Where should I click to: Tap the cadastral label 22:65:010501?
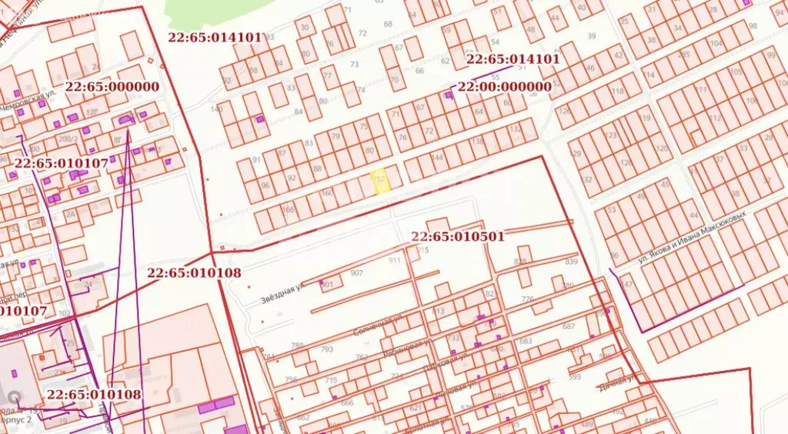pos(458,236)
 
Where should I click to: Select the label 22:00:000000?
pos(504,87)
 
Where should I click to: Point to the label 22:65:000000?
pos(112,87)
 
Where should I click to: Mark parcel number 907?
pos(356,273)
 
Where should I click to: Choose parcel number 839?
pos(571,262)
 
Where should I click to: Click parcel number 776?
pos(527,299)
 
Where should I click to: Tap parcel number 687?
pos(569,327)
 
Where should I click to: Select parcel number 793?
pos(327,349)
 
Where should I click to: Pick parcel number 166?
pos(289,209)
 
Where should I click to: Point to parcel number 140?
pos(216,108)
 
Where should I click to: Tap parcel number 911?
pos(395,261)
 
